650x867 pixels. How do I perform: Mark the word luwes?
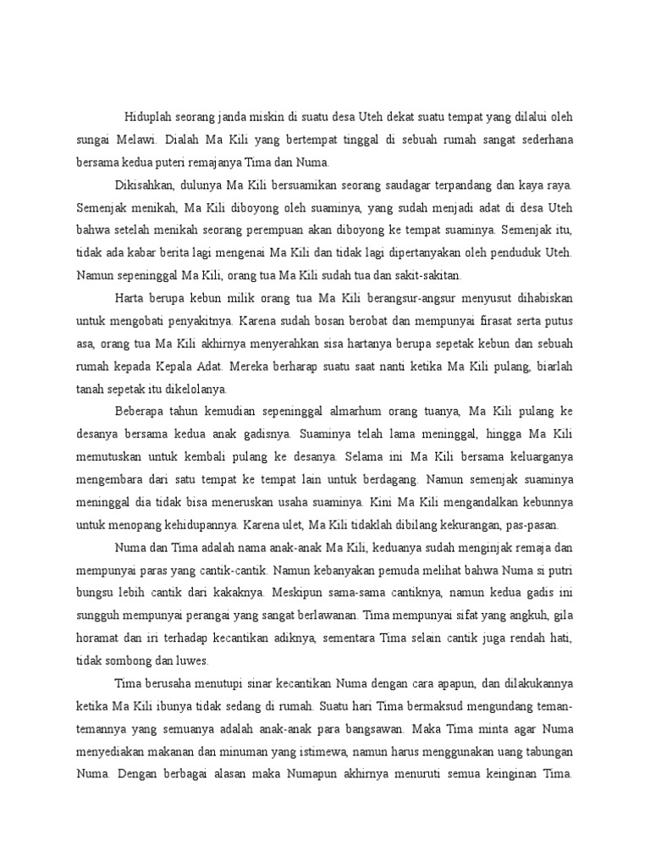point(192,659)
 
